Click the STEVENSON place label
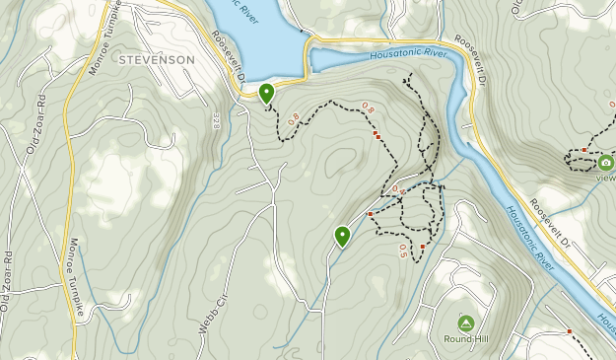(156, 60)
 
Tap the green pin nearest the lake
(266, 94)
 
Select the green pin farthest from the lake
(342, 236)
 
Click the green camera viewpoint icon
(605, 163)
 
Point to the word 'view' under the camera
(605, 179)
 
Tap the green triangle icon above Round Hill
(465, 323)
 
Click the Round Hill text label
(465, 339)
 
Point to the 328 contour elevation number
(215, 120)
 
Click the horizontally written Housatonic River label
(402, 54)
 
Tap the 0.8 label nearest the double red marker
(369, 108)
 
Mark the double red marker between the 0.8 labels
(376, 136)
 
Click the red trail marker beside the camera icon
(584, 150)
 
